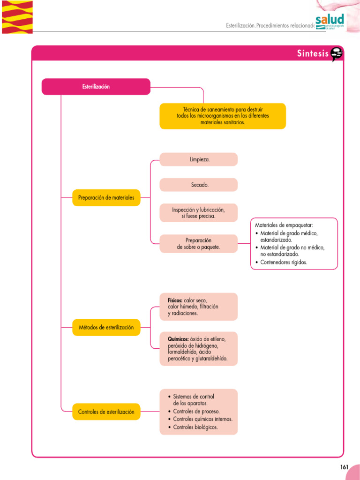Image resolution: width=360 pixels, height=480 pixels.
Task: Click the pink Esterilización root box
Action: point(96,87)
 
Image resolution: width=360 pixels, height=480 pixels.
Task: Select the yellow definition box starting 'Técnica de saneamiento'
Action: point(223,116)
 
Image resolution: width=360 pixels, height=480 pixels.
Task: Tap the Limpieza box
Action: point(199,159)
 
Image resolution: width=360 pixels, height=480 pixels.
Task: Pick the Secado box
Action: point(199,185)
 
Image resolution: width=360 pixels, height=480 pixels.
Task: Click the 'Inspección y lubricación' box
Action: point(199,213)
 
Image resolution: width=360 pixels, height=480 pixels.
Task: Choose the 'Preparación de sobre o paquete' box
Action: point(199,243)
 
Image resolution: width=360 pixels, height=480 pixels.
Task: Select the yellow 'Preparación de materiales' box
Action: point(106,198)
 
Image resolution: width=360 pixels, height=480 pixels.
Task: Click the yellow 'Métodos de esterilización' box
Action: point(106,327)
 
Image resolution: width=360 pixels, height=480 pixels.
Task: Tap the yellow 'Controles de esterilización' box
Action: point(106,412)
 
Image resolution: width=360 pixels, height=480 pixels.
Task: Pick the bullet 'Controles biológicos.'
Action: point(195,427)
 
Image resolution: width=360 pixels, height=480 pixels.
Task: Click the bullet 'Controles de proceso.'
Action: point(196,411)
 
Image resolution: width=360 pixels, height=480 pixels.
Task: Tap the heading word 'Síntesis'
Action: point(313,53)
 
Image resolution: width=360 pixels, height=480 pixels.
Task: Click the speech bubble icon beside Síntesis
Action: point(337,54)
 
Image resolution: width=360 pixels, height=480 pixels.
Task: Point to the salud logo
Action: point(330,21)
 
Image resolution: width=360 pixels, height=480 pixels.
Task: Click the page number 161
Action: point(345,467)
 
